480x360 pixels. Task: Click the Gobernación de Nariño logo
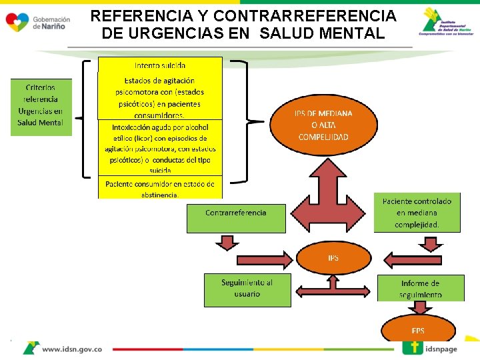tap(37, 22)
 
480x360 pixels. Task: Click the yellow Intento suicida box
tap(160, 65)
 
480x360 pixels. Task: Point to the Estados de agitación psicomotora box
tap(160, 95)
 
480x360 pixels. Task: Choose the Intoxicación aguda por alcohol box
tap(160, 147)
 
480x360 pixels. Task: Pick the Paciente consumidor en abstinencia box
tap(160, 188)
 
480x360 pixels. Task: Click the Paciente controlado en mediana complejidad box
tap(417, 213)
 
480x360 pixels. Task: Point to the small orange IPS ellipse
tap(333, 258)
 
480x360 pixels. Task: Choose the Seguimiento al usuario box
tap(247, 289)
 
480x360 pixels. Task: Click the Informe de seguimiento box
tap(421, 288)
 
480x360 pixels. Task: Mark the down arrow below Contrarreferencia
tap(228, 241)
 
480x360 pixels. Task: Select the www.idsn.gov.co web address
tap(72, 349)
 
